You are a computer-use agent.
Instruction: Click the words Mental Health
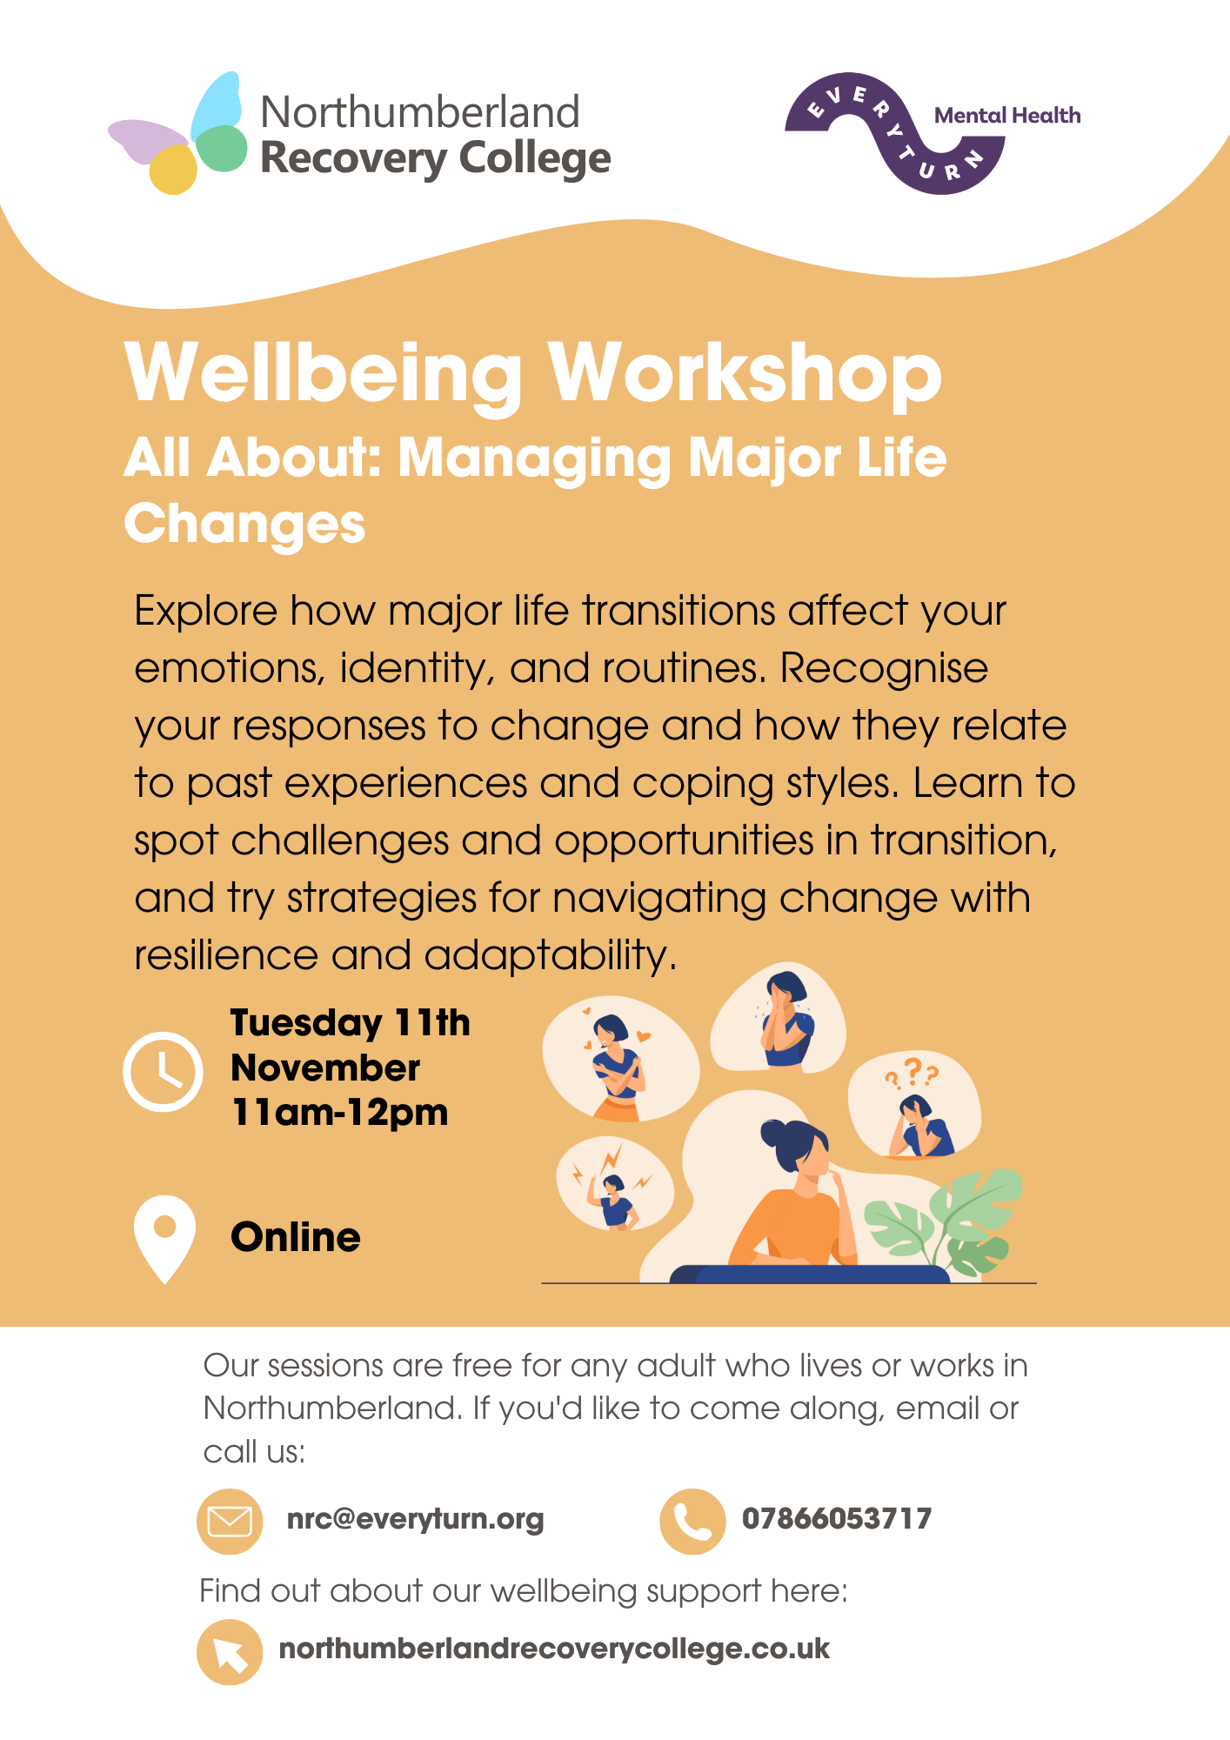coord(1007,116)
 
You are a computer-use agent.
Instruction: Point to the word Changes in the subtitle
coord(244,524)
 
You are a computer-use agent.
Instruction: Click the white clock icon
coord(163,1072)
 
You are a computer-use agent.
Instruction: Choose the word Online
coord(296,1237)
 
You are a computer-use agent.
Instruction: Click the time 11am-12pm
coord(339,1113)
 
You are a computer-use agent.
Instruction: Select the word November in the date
coord(325,1068)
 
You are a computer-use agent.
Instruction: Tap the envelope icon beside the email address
coord(230,1522)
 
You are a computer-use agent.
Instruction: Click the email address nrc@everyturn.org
coord(415,1519)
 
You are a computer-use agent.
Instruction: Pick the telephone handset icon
coord(692,1522)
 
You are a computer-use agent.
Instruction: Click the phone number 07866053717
coord(837,1519)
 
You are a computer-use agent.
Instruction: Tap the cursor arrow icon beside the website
coord(230,1652)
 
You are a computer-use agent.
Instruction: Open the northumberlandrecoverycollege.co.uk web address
coord(554,1650)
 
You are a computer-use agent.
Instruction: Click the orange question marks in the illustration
coord(912,1074)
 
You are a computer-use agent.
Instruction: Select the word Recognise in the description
coord(884,669)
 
